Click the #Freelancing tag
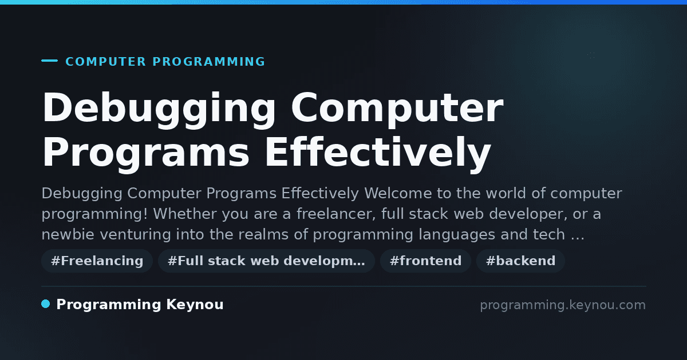[x=97, y=261]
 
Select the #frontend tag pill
[x=425, y=261]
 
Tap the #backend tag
[x=520, y=261]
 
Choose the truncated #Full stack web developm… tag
[x=266, y=261]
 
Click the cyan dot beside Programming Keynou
[x=46, y=304]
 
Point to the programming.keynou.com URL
[x=563, y=305]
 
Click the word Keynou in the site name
[x=195, y=305]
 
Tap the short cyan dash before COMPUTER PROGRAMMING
[x=49, y=61]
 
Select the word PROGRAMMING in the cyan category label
[x=208, y=62]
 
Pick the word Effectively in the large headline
[x=378, y=153]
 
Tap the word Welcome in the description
[x=398, y=193]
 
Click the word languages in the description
[x=457, y=235]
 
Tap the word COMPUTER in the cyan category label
[x=106, y=62]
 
